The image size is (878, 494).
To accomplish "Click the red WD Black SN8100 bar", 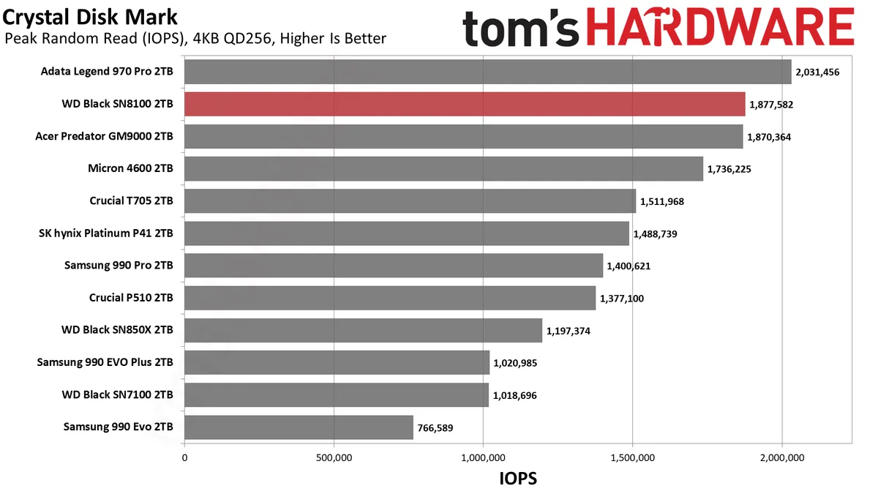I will point(465,104).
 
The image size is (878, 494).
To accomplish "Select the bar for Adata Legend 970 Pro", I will point(487,72).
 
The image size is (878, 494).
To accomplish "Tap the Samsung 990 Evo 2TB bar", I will point(299,427).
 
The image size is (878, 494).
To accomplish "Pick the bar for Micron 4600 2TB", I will point(443,168).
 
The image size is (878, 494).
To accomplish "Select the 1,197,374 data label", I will point(569,331).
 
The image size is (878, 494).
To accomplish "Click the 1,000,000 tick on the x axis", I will point(483,458).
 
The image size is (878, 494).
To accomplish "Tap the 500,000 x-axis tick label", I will point(334,458).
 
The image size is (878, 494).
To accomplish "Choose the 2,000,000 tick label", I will point(782,458).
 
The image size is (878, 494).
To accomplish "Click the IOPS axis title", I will point(518,479).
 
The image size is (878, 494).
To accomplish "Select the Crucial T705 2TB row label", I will point(132,201).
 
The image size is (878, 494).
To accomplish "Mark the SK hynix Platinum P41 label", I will point(106,233).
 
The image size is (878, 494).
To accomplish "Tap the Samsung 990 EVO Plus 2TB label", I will point(105,362).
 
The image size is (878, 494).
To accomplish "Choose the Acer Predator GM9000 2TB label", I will point(105,136).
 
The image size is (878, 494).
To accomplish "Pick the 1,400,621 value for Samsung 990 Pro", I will point(629,266).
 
